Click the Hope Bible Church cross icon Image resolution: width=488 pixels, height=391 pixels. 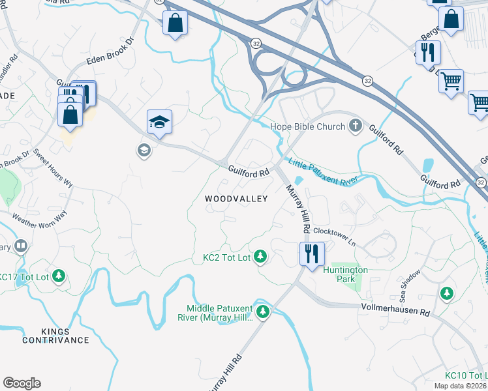pyautogui.click(x=356, y=126)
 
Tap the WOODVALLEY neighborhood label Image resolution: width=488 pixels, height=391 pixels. pyautogui.click(x=236, y=199)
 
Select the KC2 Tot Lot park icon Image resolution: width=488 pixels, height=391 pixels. pyautogui.click(x=260, y=257)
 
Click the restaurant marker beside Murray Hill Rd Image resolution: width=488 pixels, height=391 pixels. pyautogui.click(x=311, y=252)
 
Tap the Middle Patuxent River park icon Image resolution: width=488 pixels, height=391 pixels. pyautogui.click(x=263, y=312)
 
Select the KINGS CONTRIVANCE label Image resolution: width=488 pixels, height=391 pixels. pyautogui.click(x=55, y=335)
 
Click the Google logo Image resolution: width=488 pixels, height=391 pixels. pyautogui.click(x=22, y=383)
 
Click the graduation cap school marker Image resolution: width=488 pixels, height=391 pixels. pyautogui.click(x=159, y=122)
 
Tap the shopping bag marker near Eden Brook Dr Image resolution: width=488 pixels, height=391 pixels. pyautogui.click(x=175, y=24)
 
